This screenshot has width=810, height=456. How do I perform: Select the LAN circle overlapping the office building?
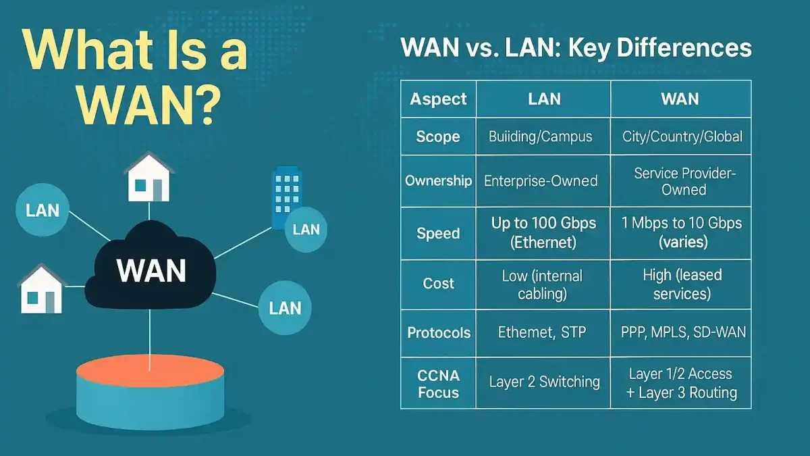click(306, 229)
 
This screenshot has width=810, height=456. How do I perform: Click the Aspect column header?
click(438, 99)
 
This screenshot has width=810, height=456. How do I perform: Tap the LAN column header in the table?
click(543, 99)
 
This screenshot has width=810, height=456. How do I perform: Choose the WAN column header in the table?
click(680, 99)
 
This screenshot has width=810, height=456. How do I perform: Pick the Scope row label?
click(438, 136)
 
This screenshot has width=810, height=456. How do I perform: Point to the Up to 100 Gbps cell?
click(543, 232)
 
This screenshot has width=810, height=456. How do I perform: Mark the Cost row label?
click(438, 283)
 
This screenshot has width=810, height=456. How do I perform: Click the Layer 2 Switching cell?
click(544, 382)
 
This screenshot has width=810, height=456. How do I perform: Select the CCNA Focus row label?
click(438, 384)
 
